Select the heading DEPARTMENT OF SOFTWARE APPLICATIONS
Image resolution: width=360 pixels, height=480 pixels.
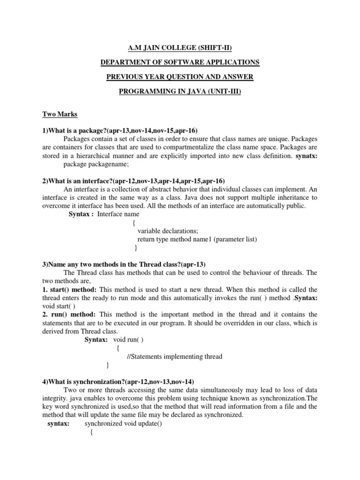coord(180,62)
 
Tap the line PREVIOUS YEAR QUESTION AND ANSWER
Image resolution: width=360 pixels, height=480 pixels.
coord(180,76)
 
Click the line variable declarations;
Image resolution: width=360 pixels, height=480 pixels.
coord(168,231)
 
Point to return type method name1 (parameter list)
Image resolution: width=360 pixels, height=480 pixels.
coord(197,239)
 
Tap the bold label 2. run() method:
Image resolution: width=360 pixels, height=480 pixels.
coord(69,314)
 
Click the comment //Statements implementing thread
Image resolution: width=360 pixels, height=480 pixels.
coord(174,356)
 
